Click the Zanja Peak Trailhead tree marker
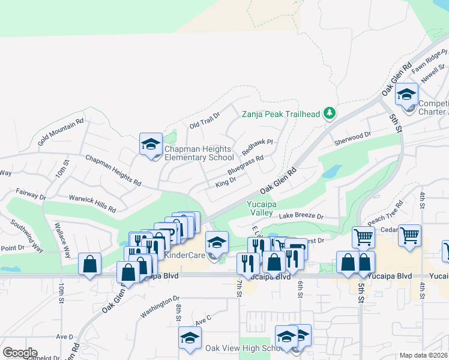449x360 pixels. coord(329,113)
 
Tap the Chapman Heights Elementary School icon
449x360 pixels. coord(151,145)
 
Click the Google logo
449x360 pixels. coord(20,353)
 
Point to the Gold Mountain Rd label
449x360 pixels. coord(61,132)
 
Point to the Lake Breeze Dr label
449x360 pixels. coord(301,216)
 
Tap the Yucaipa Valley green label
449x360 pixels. coord(261,208)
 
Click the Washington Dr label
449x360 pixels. coord(160,307)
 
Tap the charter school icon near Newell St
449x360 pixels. coord(406,95)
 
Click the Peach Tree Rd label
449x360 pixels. coord(385,217)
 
